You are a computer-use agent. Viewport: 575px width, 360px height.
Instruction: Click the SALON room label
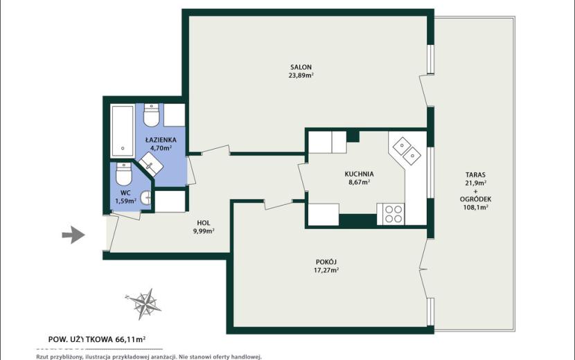click(301, 67)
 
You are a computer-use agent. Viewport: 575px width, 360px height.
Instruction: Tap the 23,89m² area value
click(301, 76)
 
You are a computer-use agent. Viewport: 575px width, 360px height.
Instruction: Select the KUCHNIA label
click(359, 174)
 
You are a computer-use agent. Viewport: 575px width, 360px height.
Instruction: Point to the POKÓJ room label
click(326, 262)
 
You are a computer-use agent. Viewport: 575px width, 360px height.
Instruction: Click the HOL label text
click(204, 223)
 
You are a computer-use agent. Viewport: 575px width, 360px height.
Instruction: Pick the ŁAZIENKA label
click(161, 140)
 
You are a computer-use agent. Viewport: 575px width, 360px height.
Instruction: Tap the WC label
click(125, 193)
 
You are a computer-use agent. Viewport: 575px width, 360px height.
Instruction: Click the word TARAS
click(475, 175)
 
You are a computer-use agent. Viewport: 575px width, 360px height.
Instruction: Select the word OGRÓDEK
click(475, 199)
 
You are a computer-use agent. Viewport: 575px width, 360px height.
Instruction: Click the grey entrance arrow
click(73, 235)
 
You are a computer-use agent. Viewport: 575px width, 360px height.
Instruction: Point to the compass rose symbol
click(144, 304)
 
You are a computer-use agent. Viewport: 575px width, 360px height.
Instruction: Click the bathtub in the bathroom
click(123, 132)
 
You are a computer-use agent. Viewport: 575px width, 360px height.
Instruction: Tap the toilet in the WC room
click(123, 174)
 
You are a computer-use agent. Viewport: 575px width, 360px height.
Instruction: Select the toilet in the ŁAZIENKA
click(151, 115)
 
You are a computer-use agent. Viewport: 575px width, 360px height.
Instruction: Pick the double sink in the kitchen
click(407, 152)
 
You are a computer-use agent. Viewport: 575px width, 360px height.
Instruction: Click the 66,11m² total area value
click(130, 339)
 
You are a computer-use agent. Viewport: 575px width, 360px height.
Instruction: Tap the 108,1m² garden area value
click(475, 208)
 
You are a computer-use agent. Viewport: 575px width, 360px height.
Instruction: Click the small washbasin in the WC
click(147, 198)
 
